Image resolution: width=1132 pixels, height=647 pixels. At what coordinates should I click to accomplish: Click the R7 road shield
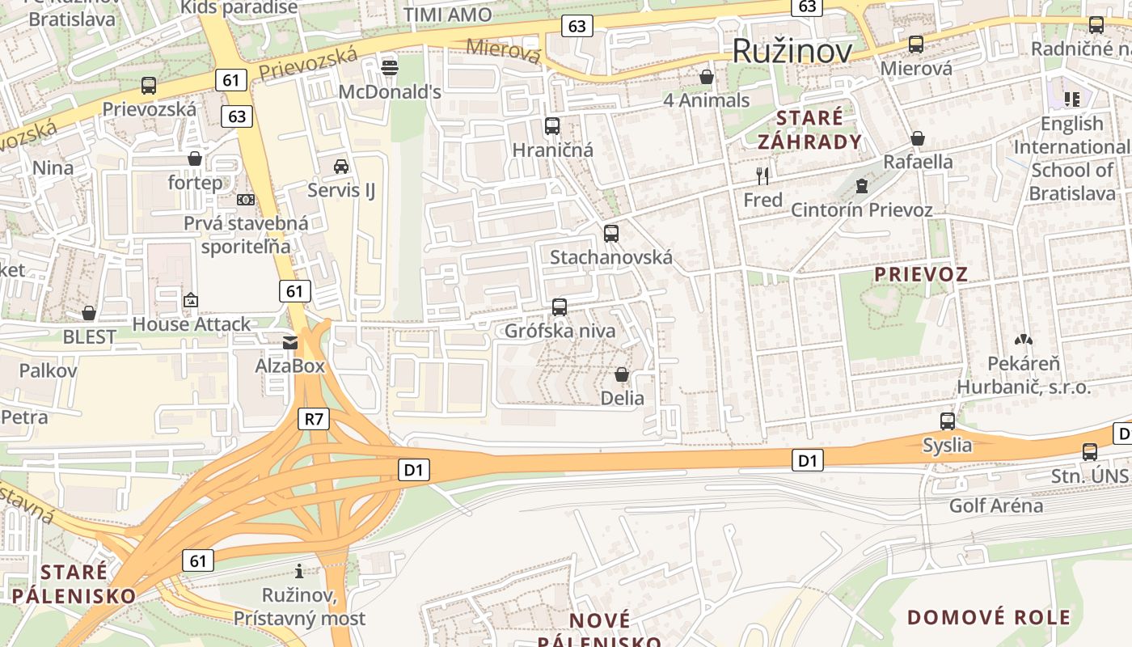315,418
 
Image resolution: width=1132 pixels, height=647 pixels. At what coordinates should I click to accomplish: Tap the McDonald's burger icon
390,67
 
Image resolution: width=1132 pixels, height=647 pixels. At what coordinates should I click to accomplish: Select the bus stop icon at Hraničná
552,126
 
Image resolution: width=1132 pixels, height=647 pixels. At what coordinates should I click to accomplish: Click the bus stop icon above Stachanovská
611,234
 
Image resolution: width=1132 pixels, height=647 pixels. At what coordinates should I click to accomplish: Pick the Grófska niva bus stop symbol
560,307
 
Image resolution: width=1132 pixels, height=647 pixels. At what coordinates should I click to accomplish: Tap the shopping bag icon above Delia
622,374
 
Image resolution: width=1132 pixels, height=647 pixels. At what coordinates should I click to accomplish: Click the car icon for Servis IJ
341,167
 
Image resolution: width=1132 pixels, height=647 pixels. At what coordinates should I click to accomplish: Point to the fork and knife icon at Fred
762,175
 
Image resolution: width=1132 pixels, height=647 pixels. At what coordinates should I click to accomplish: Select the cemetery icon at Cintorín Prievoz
862,186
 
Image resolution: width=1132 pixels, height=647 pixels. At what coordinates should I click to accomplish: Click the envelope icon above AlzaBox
290,343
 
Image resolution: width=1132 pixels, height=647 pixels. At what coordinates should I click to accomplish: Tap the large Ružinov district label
792,51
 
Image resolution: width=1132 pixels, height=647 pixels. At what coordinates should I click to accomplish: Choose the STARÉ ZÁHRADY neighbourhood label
809,129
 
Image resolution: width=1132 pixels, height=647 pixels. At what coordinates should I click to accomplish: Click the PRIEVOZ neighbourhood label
921,273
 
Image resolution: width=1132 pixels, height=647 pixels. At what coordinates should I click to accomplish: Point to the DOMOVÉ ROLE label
988,617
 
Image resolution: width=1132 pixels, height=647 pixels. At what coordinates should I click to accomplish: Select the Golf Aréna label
995,506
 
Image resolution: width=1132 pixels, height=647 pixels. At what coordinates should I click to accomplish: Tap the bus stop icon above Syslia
948,421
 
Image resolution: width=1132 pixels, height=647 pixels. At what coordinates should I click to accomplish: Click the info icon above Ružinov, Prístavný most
299,571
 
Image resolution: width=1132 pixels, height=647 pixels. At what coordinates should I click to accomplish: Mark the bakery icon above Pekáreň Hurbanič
1024,340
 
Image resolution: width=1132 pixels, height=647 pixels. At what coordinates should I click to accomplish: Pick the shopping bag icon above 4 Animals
707,77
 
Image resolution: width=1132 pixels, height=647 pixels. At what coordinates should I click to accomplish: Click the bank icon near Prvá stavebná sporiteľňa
246,200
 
